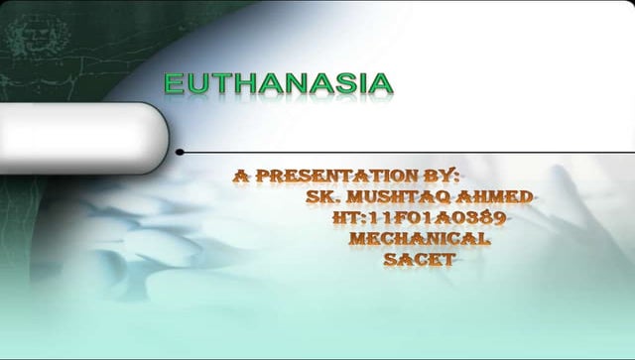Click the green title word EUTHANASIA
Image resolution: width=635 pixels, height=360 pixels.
(x=278, y=83)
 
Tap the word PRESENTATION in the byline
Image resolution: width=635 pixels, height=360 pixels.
(x=346, y=176)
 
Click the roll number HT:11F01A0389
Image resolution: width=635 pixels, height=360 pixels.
(x=422, y=218)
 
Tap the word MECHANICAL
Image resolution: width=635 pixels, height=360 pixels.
(x=419, y=239)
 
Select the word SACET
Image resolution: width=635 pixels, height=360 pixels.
(x=420, y=260)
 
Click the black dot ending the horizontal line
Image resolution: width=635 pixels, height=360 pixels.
(x=180, y=153)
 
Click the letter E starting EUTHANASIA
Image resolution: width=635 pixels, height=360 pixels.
(x=174, y=83)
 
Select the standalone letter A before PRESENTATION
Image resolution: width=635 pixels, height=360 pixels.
(x=241, y=176)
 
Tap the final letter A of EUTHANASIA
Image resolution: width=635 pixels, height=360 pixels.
(x=382, y=83)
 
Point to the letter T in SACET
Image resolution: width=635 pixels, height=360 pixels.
(x=448, y=260)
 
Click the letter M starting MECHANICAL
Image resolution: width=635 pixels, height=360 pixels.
(x=358, y=239)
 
